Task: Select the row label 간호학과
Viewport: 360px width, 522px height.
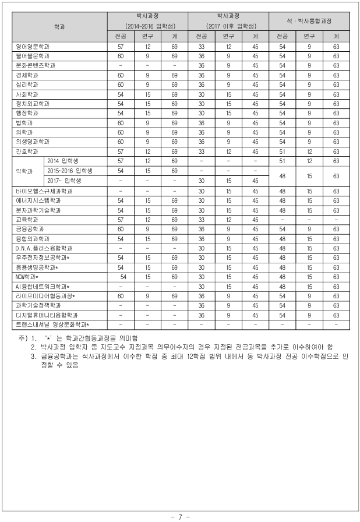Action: coord(27,151)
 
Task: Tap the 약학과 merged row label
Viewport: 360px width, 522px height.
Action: coord(26,171)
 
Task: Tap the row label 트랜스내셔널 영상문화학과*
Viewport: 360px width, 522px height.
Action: coord(52,325)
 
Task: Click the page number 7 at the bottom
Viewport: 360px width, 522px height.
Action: coord(180,517)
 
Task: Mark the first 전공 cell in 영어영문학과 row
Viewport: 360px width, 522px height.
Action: coord(121,46)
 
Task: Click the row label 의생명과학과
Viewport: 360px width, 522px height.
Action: coord(33,142)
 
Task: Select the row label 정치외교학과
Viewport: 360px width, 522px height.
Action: coord(33,103)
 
